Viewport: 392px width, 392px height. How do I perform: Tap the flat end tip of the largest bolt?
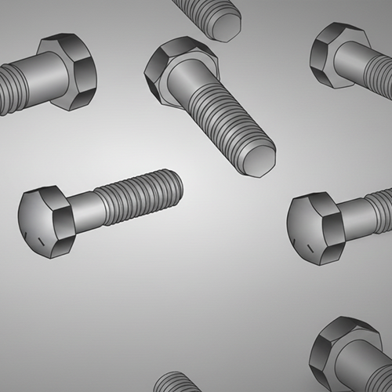click(259, 162)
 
